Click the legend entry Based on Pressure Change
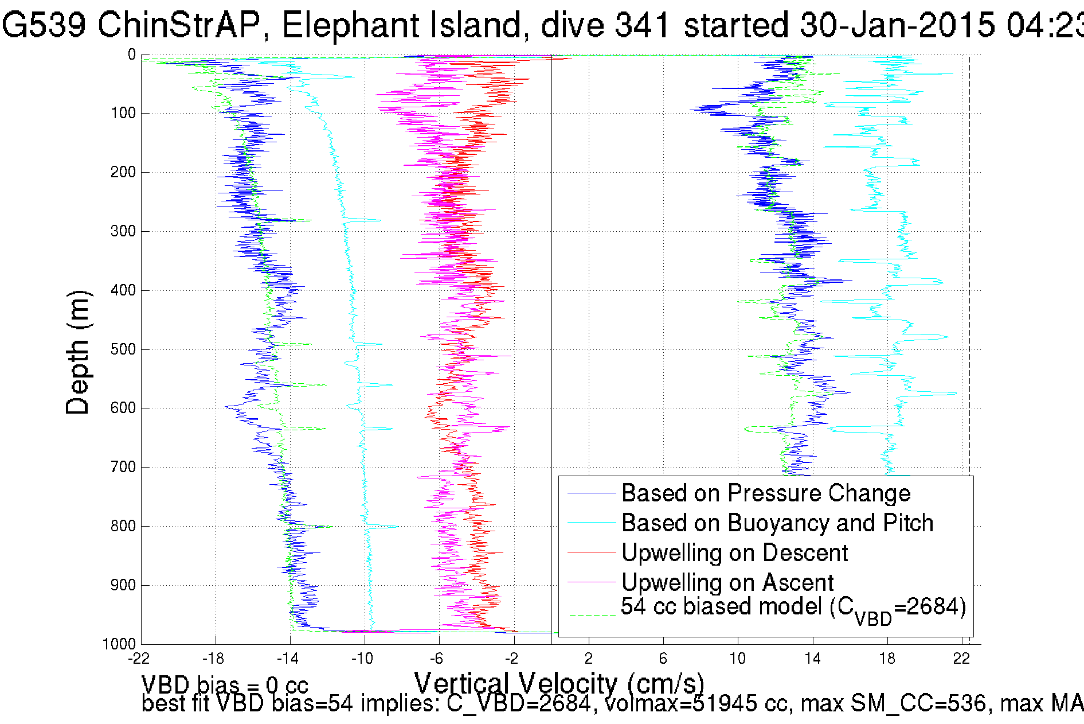766,493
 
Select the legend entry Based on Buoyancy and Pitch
777,523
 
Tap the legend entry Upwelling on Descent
734,553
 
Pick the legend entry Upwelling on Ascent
727,583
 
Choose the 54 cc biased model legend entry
793,608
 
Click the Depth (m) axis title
78,352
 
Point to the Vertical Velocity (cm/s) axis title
559,683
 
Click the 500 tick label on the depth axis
123,349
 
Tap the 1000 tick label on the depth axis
119,644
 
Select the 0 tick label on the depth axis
131,55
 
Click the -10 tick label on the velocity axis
362,659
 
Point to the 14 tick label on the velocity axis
812,659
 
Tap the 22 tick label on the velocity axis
961,659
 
